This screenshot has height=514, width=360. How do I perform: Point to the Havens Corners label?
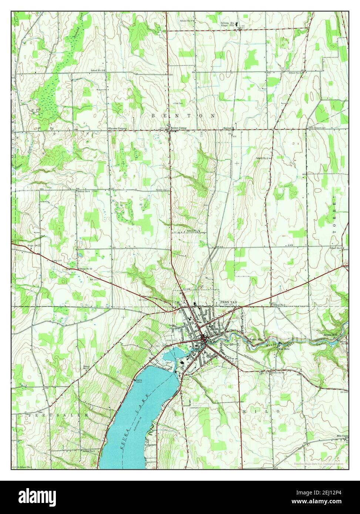(118, 128)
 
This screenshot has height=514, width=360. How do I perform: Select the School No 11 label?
(98, 70)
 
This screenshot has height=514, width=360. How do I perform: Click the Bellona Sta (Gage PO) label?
(228, 24)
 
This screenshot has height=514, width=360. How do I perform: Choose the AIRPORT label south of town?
(195, 408)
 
